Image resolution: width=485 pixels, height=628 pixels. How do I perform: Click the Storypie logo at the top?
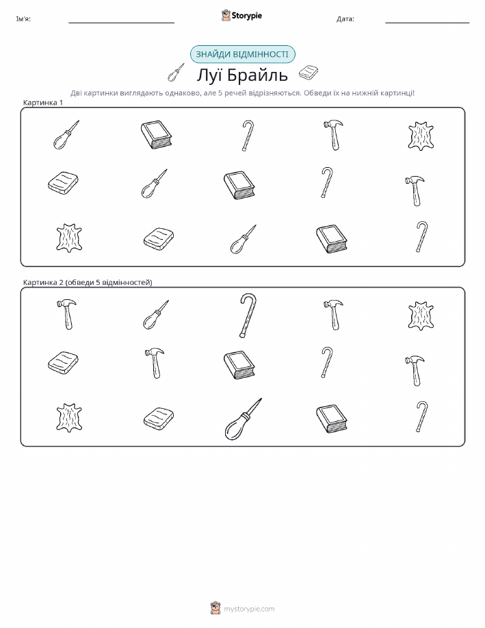coord(241,16)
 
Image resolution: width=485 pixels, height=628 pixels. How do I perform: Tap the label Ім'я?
coord(23,18)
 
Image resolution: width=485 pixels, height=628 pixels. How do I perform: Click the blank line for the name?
coord(121,23)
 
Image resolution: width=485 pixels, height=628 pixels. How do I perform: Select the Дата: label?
coord(345,18)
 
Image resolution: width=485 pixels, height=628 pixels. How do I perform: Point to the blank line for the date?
coord(427,23)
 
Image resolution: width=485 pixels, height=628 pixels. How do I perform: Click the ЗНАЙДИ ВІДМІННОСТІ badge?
coord(242,55)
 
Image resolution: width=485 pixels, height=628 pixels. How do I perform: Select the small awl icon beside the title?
coord(176,73)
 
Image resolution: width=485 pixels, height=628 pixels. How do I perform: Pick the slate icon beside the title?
coord(309,73)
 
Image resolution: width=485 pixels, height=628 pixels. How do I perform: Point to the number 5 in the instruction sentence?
coord(220,93)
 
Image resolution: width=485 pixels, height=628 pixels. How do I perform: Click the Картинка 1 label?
coord(43,103)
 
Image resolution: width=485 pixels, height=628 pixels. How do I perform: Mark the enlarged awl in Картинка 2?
coord(243,419)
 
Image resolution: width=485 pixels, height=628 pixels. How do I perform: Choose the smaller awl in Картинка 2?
coord(156,315)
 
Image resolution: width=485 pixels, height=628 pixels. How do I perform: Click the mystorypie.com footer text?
coord(249,610)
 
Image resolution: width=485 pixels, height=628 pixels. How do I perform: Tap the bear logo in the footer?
coord(215,608)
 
